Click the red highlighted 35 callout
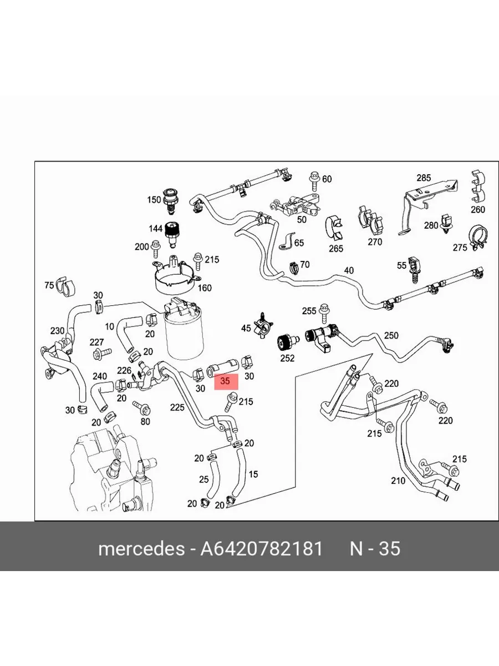[x=225, y=382]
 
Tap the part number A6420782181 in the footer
[x=261, y=549]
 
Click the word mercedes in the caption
[x=141, y=549]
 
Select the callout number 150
[x=154, y=200]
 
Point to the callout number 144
[x=155, y=229]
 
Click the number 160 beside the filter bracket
[x=205, y=288]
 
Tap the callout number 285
[x=424, y=178]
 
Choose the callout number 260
[x=477, y=210]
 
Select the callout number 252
[x=287, y=358]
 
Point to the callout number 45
[x=246, y=329]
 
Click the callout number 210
[x=398, y=481]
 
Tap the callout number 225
[x=177, y=408]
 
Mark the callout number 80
[x=145, y=421]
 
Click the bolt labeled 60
[x=314, y=179]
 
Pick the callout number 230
[x=57, y=331]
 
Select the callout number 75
[x=49, y=285]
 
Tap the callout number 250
[x=391, y=336]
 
